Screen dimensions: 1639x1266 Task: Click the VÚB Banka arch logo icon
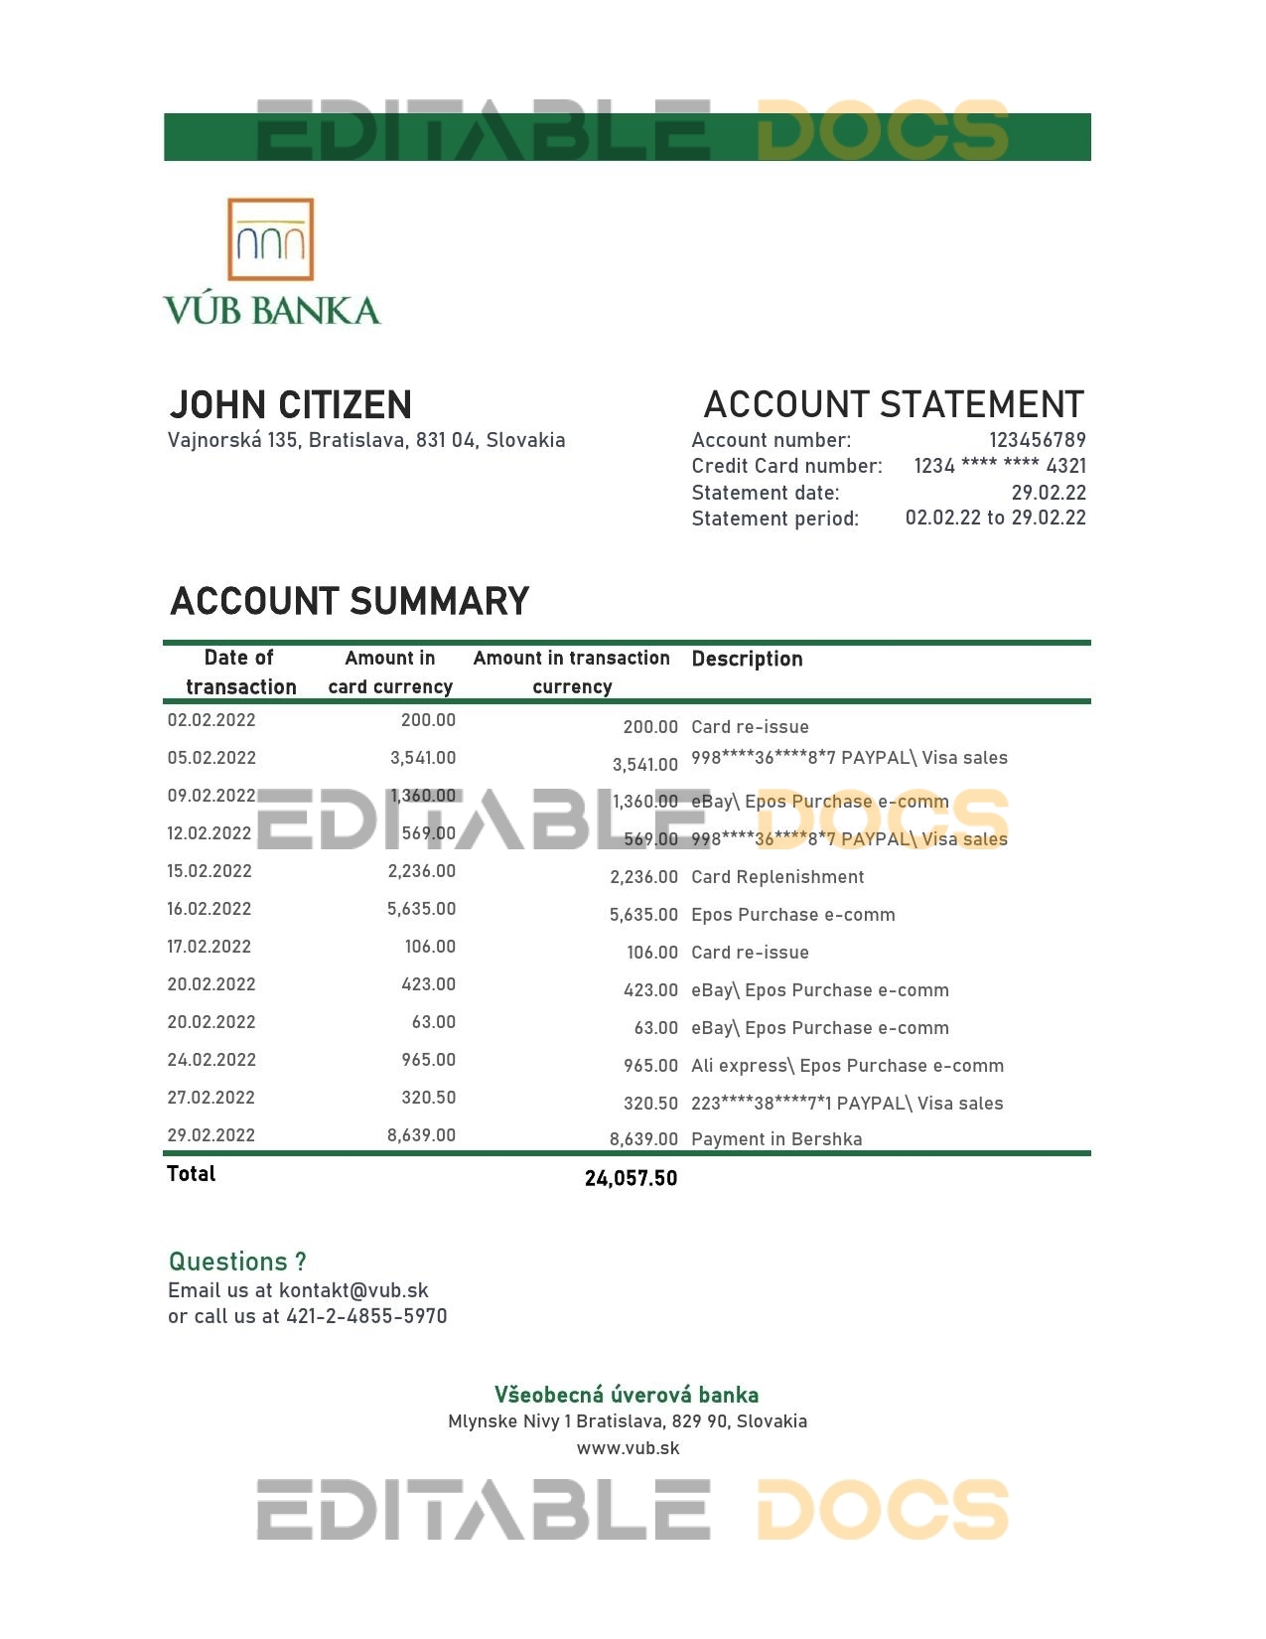[x=270, y=239]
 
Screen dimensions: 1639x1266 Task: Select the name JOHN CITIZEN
[x=290, y=405]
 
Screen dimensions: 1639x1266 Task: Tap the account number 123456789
[x=1037, y=440]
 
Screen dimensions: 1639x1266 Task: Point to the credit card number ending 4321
[x=999, y=466]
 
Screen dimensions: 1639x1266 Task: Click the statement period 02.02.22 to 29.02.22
[x=995, y=518]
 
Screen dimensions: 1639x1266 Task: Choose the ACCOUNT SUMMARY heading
[x=350, y=602]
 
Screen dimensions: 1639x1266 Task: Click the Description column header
[x=747, y=659]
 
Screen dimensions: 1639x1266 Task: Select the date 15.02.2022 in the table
[x=210, y=871]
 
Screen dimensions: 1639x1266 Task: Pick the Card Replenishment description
[x=777, y=877]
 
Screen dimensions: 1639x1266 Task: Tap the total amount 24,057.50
[x=631, y=1178]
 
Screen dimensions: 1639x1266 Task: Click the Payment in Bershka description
[x=776, y=1139]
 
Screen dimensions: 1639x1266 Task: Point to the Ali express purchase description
[x=847, y=1066]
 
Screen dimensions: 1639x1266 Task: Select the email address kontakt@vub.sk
[x=353, y=1290]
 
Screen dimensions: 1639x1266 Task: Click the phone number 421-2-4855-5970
[x=366, y=1316]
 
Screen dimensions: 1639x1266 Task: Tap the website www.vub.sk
[x=628, y=1447]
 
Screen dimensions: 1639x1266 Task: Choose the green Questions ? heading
[x=237, y=1262]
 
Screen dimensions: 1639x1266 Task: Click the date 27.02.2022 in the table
[x=211, y=1098]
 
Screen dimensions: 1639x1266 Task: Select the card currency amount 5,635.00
[x=421, y=909]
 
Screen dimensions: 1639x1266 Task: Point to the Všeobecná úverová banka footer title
[x=627, y=1395]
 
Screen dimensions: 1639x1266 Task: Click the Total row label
[x=191, y=1174]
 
